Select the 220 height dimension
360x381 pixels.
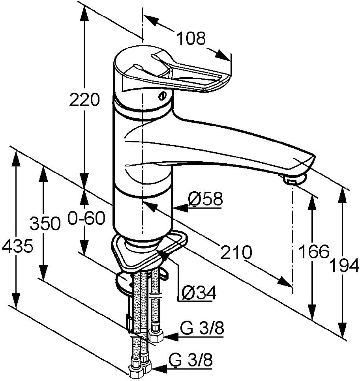click(x=84, y=100)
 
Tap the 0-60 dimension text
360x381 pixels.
click(x=86, y=218)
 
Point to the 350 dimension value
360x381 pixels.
click(x=45, y=223)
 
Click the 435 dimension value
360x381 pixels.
click(x=17, y=246)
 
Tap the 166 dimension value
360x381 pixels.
click(x=314, y=252)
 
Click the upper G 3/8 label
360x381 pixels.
click(x=202, y=328)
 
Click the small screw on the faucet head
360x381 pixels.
click(x=163, y=96)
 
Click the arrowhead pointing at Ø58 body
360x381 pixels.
click(x=181, y=208)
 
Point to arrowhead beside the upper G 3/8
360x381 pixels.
click(x=171, y=337)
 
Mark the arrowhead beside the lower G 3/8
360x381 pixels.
click(x=159, y=369)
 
